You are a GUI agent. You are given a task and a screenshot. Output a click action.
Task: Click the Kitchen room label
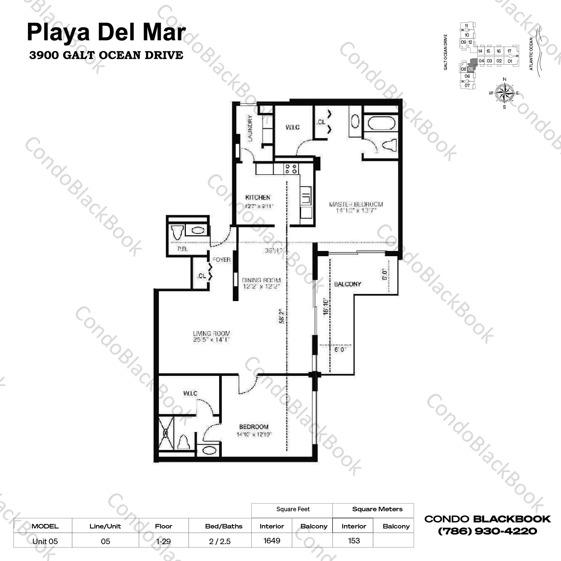click(258, 197)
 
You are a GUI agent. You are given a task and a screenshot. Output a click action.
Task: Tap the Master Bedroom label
click(356, 204)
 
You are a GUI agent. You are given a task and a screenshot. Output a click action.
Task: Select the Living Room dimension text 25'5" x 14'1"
click(211, 340)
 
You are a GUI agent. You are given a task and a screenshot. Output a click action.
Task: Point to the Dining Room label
click(261, 280)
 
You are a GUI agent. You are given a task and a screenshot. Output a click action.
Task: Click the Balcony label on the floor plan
click(347, 284)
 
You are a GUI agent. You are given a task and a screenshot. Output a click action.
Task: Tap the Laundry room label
click(250, 128)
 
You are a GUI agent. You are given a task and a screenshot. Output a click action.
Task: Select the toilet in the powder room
click(177, 232)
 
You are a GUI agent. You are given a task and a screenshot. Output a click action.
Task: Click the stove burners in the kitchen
click(291, 169)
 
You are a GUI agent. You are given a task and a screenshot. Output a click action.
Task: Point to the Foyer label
click(221, 260)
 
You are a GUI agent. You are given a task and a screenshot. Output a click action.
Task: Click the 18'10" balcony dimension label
click(326, 306)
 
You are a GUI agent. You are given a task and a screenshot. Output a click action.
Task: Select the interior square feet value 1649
click(272, 541)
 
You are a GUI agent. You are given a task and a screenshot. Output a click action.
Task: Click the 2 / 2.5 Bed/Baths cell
click(220, 541)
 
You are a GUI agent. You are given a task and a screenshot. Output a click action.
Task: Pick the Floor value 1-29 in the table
click(164, 541)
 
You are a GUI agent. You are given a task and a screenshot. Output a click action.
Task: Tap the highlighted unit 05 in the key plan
click(471, 69)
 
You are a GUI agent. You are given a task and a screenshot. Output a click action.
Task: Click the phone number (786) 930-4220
click(487, 531)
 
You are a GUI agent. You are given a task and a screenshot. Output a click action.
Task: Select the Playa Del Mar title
click(106, 33)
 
